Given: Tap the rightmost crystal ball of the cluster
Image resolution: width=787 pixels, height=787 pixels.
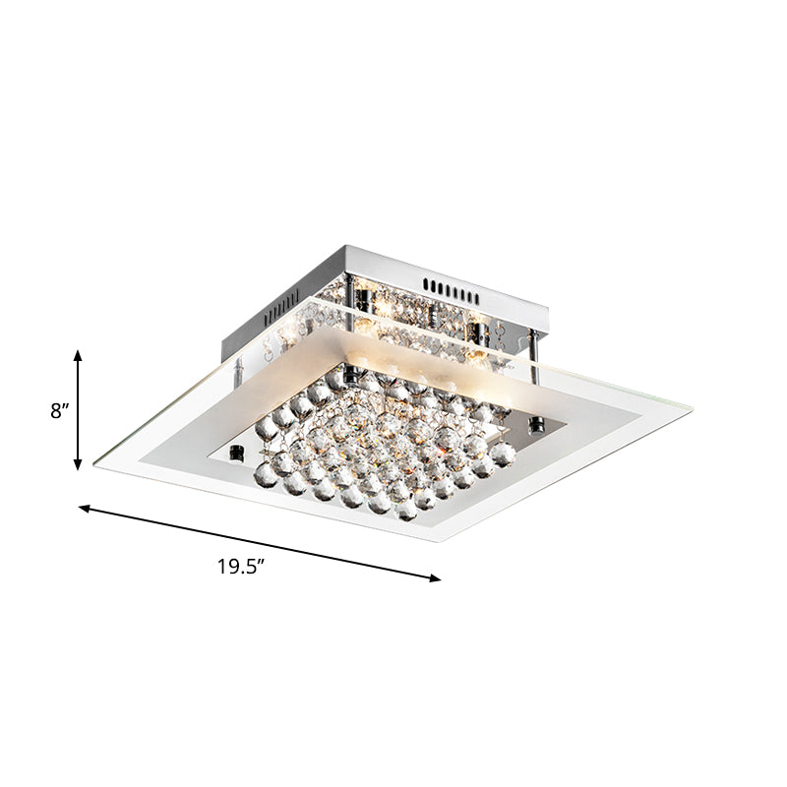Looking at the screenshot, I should (503, 454).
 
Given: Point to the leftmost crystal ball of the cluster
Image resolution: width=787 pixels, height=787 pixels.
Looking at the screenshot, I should (264, 429).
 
